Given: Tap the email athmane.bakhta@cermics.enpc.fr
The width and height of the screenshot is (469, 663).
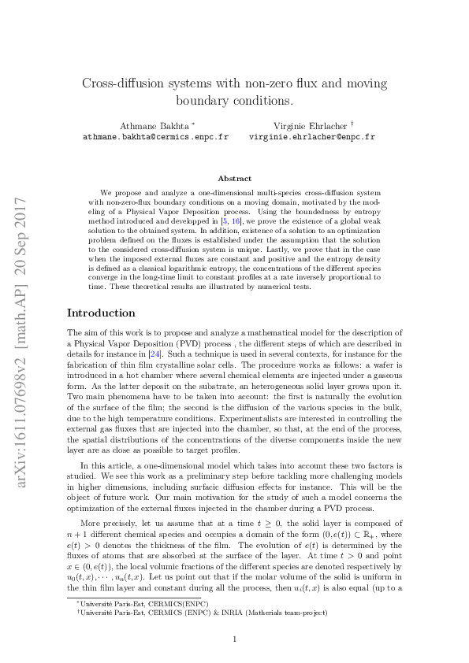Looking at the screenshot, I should pyautogui.click(x=155, y=136).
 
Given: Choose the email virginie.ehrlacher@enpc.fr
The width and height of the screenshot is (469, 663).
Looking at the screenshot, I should pyautogui.click(x=312, y=136).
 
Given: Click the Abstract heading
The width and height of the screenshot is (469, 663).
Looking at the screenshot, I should pyautogui.click(x=234, y=179).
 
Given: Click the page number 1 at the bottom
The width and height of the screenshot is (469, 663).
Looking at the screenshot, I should pyautogui.click(x=234, y=639).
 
